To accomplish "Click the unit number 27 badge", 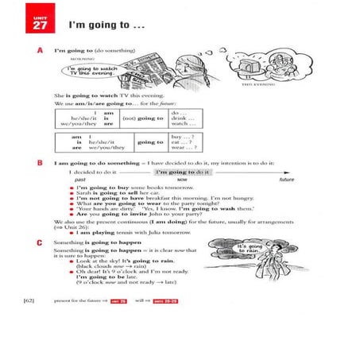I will point(40,25).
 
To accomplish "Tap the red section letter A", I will point(40,49).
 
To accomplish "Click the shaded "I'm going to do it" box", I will point(183,172).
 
